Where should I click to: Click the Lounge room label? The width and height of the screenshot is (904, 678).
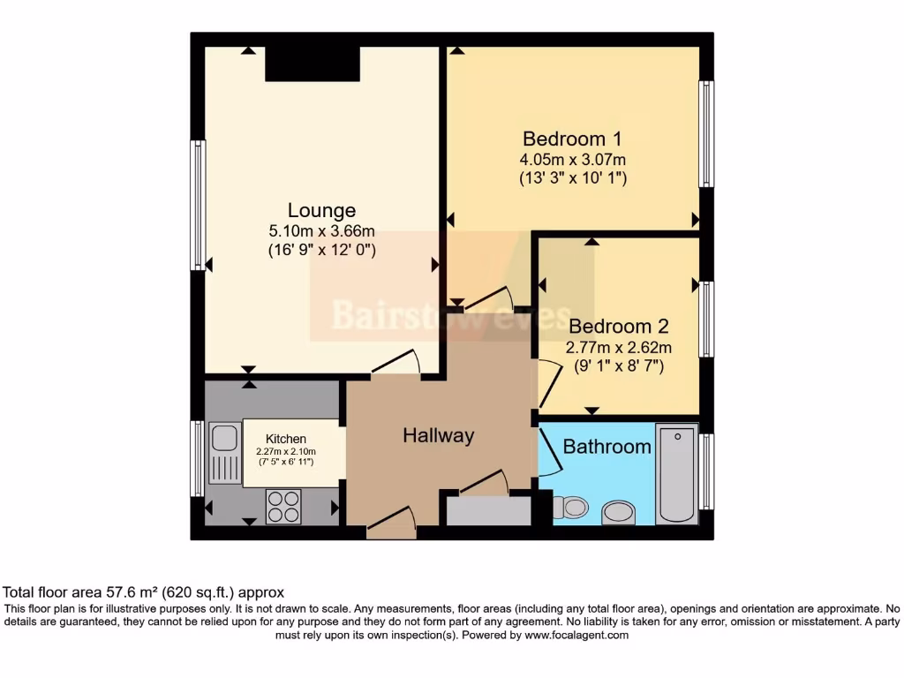[321, 210]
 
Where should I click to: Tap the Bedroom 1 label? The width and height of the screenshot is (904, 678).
[572, 139]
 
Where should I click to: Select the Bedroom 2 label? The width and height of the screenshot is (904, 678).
[619, 327]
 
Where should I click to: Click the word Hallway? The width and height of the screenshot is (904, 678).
[438, 436]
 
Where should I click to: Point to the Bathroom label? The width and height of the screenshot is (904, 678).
[607, 446]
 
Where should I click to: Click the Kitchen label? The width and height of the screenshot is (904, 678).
[286, 439]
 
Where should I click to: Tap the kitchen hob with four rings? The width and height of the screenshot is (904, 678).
[283, 506]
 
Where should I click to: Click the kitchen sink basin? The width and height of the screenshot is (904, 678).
[224, 438]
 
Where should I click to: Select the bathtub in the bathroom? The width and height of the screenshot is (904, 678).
[677, 474]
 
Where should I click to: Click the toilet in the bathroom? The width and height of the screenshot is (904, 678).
[571, 508]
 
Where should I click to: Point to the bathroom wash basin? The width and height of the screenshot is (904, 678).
[618, 513]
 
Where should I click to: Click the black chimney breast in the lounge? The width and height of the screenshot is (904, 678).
[313, 64]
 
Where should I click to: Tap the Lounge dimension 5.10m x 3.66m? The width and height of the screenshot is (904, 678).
[321, 231]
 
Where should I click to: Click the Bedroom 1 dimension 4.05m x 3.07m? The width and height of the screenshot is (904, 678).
[572, 160]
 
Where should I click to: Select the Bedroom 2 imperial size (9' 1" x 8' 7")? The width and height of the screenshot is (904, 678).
[619, 365]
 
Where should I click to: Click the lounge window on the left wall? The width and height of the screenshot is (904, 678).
[198, 205]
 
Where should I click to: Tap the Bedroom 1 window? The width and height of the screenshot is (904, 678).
[706, 134]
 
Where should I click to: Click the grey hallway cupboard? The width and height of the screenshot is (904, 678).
[489, 511]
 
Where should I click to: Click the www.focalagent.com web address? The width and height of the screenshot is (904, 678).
[576, 636]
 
